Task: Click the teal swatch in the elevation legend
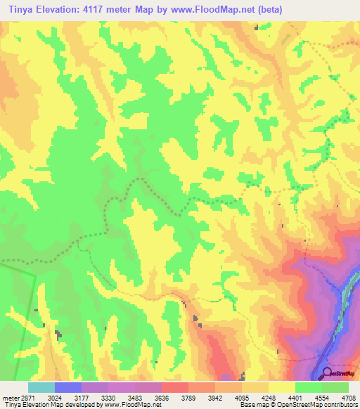point(41,387)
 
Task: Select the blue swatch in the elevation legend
point(68,387)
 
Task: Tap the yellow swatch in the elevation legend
point(282,387)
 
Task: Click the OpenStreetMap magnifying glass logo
point(326,373)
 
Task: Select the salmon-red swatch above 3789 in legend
point(175,387)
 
